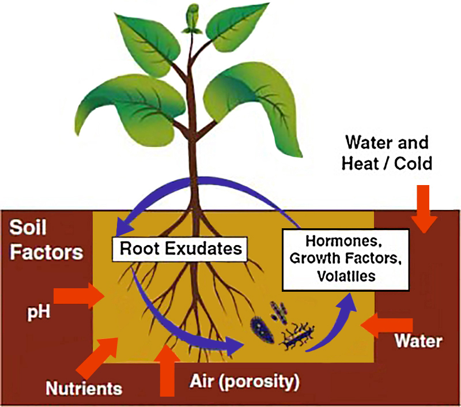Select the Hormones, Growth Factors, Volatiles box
pos(346,259)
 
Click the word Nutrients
pos(84,387)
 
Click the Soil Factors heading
pos(46,239)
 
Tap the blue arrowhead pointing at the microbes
pos(234,347)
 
